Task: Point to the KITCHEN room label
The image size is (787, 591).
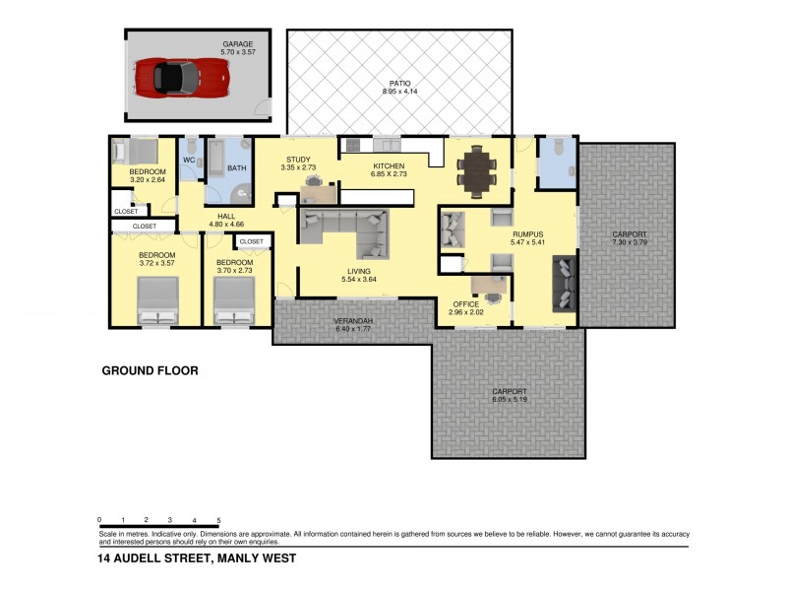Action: [389, 165]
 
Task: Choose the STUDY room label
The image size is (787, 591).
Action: [298, 160]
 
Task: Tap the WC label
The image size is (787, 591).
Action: [189, 160]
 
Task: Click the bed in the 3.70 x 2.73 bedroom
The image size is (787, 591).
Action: [234, 300]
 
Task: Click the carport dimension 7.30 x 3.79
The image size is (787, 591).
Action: [629, 242]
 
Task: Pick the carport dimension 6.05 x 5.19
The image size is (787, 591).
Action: [510, 399]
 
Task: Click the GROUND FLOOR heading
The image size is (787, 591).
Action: [151, 371]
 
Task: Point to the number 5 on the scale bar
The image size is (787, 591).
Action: [218, 519]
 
